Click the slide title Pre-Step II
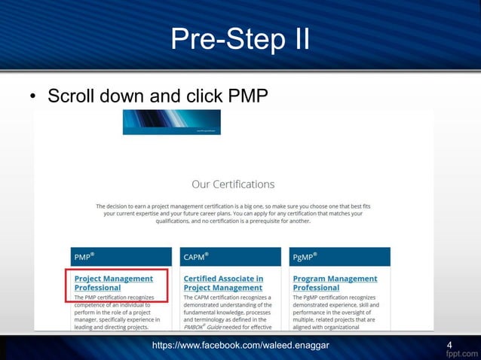tap(240, 38)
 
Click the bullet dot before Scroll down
tap(33, 98)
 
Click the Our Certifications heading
tap(233, 184)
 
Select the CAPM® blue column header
tap(228, 258)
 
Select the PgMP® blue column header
tap(339, 258)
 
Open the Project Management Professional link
tap(113, 283)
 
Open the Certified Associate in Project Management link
tap(223, 283)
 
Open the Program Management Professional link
tap(334, 283)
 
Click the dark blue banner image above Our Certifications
tap(171, 122)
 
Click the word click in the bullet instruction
tap(203, 97)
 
